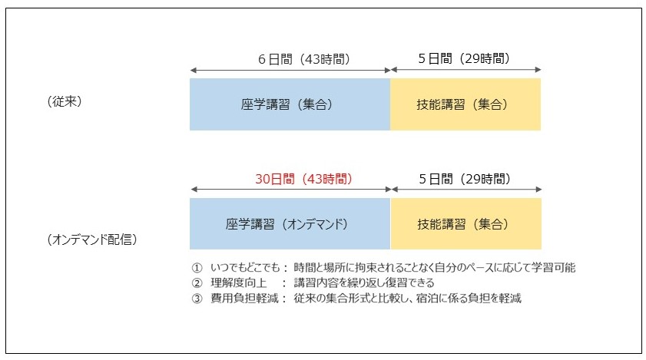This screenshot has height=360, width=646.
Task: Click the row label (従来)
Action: [65, 101]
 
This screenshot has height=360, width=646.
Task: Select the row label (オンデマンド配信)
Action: [92, 239]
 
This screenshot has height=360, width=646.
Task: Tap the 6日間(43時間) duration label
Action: [304, 59]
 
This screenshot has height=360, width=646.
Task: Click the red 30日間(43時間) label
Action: [304, 179]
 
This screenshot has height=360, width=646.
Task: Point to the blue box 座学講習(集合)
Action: [290, 104]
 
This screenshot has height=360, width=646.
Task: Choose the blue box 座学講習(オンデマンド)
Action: [290, 223]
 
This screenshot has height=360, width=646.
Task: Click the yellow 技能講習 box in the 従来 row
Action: [465, 104]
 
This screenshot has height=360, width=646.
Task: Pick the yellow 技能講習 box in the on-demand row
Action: [466, 223]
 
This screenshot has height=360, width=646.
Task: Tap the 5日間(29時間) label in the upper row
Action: [464, 58]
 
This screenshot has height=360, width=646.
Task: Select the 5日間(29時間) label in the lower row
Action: [465, 179]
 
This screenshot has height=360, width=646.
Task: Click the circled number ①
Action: [197, 268]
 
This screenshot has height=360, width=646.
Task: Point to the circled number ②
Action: [197, 283]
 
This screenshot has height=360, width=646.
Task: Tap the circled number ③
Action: [197, 299]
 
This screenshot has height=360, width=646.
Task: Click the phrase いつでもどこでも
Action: [245, 268]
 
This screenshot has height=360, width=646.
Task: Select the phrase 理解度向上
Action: [239, 283]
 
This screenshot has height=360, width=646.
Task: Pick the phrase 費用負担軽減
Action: [244, 299]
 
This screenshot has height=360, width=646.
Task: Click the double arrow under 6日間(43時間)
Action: [290, 71]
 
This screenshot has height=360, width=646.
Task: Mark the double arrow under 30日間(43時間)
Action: [291, 190]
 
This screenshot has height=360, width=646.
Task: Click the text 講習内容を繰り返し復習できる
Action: [364, 283]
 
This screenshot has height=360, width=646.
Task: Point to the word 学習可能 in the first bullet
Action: [553, 268]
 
